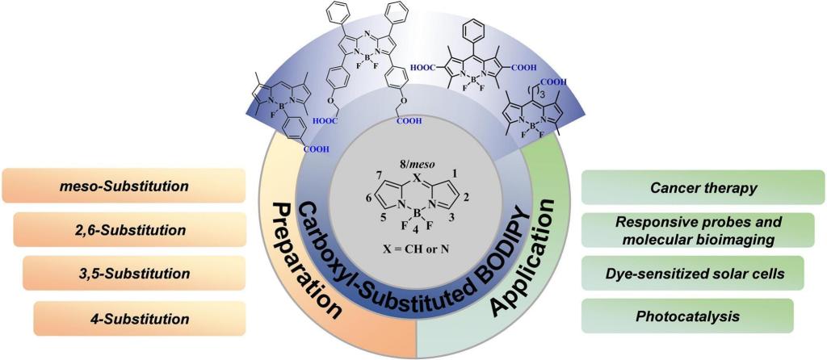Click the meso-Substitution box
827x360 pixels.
pyautogui.click(x=124, y=186)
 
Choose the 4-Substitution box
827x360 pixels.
pyautogui.click(x=140, y=318)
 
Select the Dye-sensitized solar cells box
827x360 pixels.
pyautogui.click(x=693, y=275)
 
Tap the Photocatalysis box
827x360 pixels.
pyautogui.click(x=688, y=316)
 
